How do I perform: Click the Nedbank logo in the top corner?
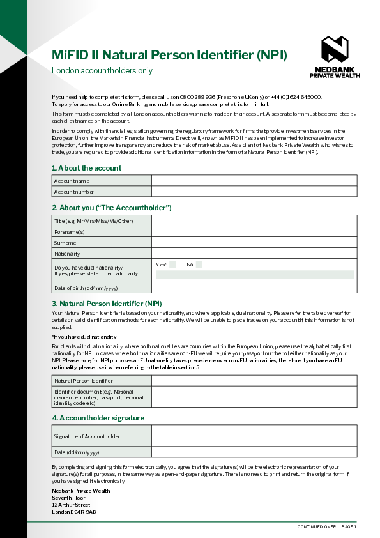[335, 49]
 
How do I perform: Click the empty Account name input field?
[254, 181]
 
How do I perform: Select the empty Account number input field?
[254, 192]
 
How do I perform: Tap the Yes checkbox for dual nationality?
[172, 265]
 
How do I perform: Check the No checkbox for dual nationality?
[199, 265]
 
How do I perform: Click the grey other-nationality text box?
[254, 275]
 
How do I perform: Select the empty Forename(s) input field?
[254, 232]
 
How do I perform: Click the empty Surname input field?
[254, 243]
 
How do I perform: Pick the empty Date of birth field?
[254, 288]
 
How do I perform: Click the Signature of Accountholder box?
[254, 436]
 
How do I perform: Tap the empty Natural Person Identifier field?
[254, 381]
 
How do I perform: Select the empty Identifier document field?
[254, 396]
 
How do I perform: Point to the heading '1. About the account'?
[86, 168]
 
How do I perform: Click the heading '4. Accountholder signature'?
[98, 418]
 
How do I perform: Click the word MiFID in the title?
[70, 56]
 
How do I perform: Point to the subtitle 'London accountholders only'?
[102, 71]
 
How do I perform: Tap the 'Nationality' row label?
[67, 254]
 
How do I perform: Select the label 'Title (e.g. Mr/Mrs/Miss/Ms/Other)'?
[93, 221]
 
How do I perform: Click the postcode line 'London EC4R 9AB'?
[74, 512]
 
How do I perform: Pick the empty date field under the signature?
[254, 452]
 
